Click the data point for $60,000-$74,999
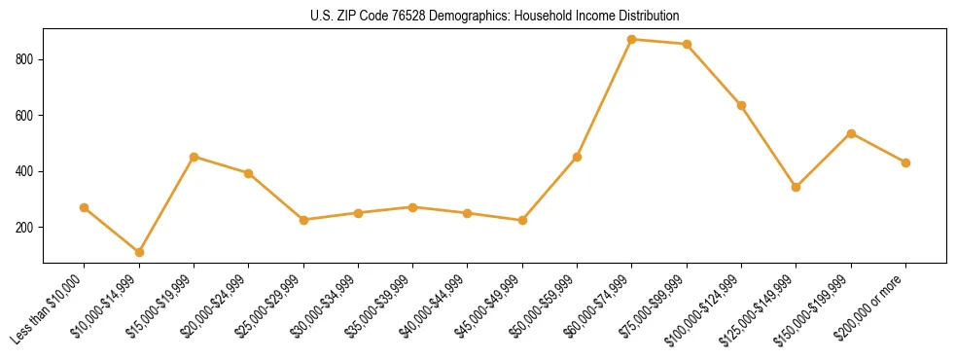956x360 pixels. coord(632,39)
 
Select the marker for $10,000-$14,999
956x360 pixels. coord(139,252)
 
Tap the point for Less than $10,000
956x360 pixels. coord(84,207)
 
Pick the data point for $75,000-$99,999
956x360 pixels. coord(687,44)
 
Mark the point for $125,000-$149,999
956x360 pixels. coord(797,187)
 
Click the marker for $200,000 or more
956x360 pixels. coord(905,162)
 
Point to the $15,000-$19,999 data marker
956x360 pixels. coord(194,157)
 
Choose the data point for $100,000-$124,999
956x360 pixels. coord(741,105)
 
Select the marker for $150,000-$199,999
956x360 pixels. coord(851,133)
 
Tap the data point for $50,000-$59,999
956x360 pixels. coord(577,157)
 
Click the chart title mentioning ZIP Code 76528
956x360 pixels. coord(495,16)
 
